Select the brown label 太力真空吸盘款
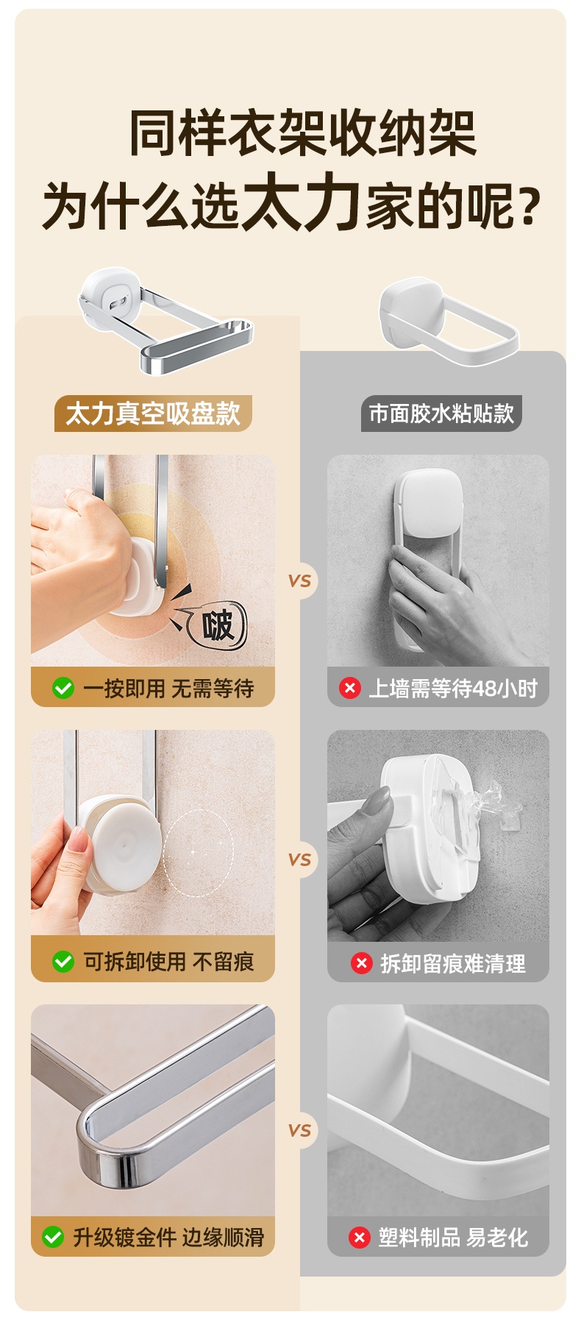(x=153, y=414)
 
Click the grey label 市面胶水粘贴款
(x=441, y=414)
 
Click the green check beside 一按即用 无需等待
(x=63, y=688)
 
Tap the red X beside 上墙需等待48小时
(x=349, y=688)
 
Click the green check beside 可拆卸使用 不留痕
(x=63, y=962)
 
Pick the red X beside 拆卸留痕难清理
(x=361, y=963)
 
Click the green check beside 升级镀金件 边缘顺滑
(x=53, y=1237)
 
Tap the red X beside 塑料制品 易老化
(x=359, y=1238)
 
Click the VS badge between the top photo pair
(x=300, y=581)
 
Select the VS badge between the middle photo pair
(x=300, y=859)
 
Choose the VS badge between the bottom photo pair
(x=300, y=1131)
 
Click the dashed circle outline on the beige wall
(x=163, y=854)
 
